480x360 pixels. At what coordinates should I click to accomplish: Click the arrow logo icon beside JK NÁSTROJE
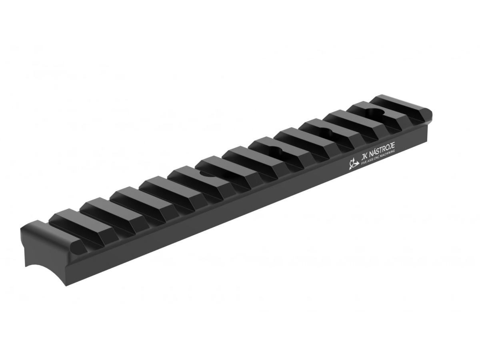click(x=353, y=164)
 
